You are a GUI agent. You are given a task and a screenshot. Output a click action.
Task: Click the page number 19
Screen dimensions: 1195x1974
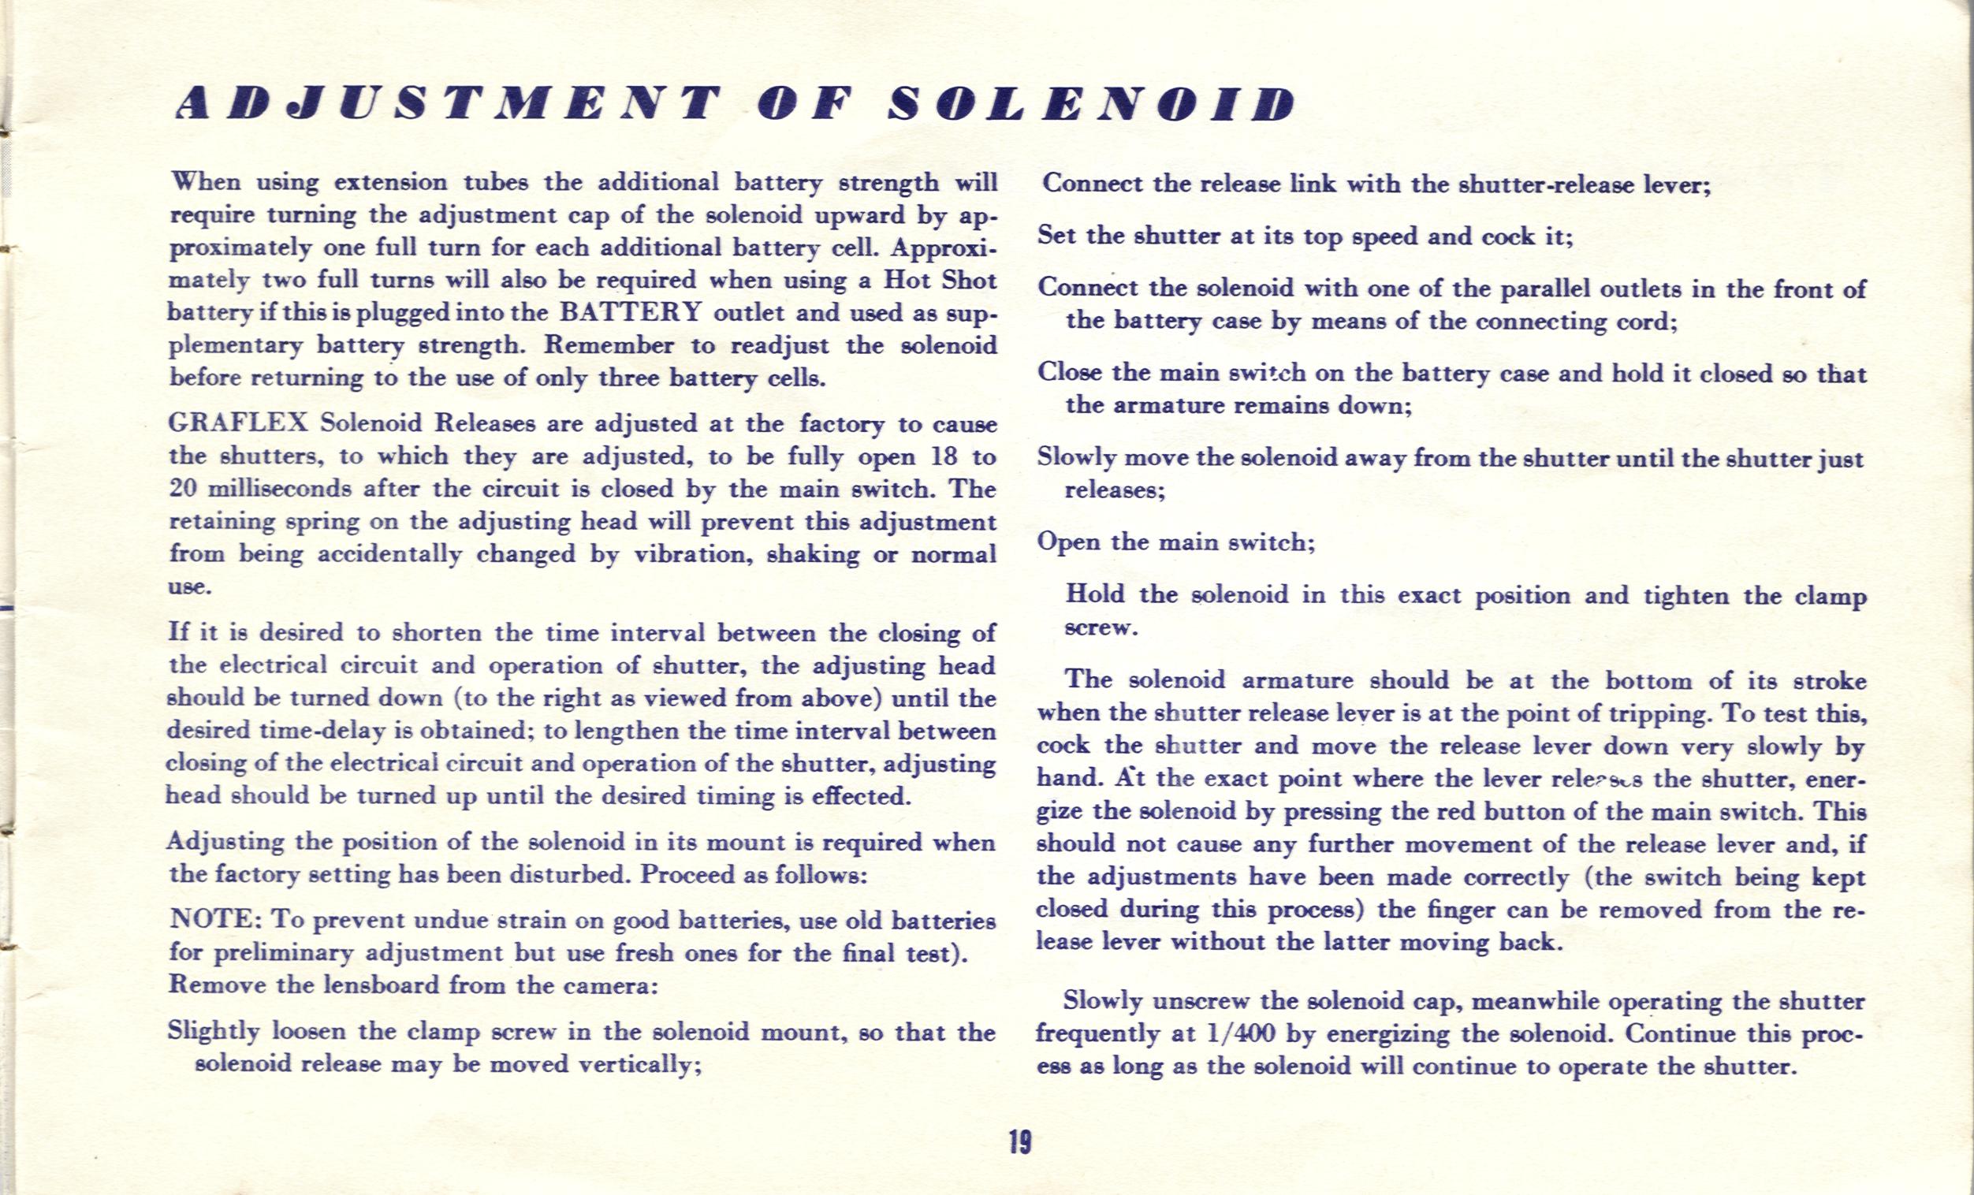tap(1020, 1141)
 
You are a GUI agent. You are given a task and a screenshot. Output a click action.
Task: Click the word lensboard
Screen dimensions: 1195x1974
tap(381, 985)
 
